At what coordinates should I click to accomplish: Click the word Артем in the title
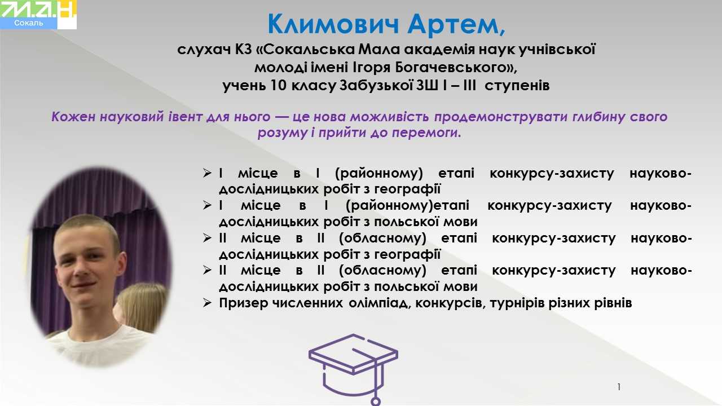(456, 24)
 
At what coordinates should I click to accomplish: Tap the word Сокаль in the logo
(28, 23)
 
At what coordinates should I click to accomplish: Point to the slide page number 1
(619, 387)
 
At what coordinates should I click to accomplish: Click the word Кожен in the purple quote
(73, 117)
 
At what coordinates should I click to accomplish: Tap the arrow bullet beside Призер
(207, 303)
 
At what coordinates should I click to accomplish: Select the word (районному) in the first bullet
(379, 173)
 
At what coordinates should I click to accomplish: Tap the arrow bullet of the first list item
(207, 173)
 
